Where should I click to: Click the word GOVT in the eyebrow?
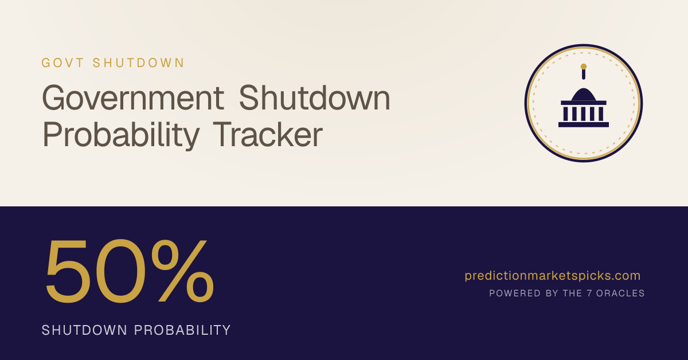pyautogui.click(x=62, y=63)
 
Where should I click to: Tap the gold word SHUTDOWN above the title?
pyautogui.click(x=138, y=63)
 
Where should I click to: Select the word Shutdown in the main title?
pyautogui.click(x=314, y=97)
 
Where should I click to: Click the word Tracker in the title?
pyautogui.click(x=268, y=134)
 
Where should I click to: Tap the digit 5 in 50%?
pyautogui.click(x=68, y=271)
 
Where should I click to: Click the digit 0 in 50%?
pyautogui.click(x=121, y=271)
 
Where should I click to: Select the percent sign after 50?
pyautogui.click(x=182, y=271)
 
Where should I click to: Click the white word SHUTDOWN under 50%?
pyautogui.click(x=84, y=330)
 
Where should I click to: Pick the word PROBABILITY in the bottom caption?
pyautogui.click(x=182, y=330)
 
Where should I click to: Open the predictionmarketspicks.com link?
pyautogui.click(x=553, y=276)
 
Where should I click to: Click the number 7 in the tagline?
pyautogui.click(x=589, y=294)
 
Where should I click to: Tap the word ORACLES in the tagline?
pyautogui.click(x=620, y=294)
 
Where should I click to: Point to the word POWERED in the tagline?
pyautogui.click(x=515, y=294)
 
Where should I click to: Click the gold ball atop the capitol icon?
pyautogui.click(x=584, y=66)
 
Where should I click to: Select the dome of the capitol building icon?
pyautogui.click(x=584, y=95)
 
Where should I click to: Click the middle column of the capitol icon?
pyautogui.click(x=584, y=114)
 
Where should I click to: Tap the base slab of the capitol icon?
pyautogui.click(x=584, y=124)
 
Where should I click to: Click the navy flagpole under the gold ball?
pyautogui.click(x=584, y=75)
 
